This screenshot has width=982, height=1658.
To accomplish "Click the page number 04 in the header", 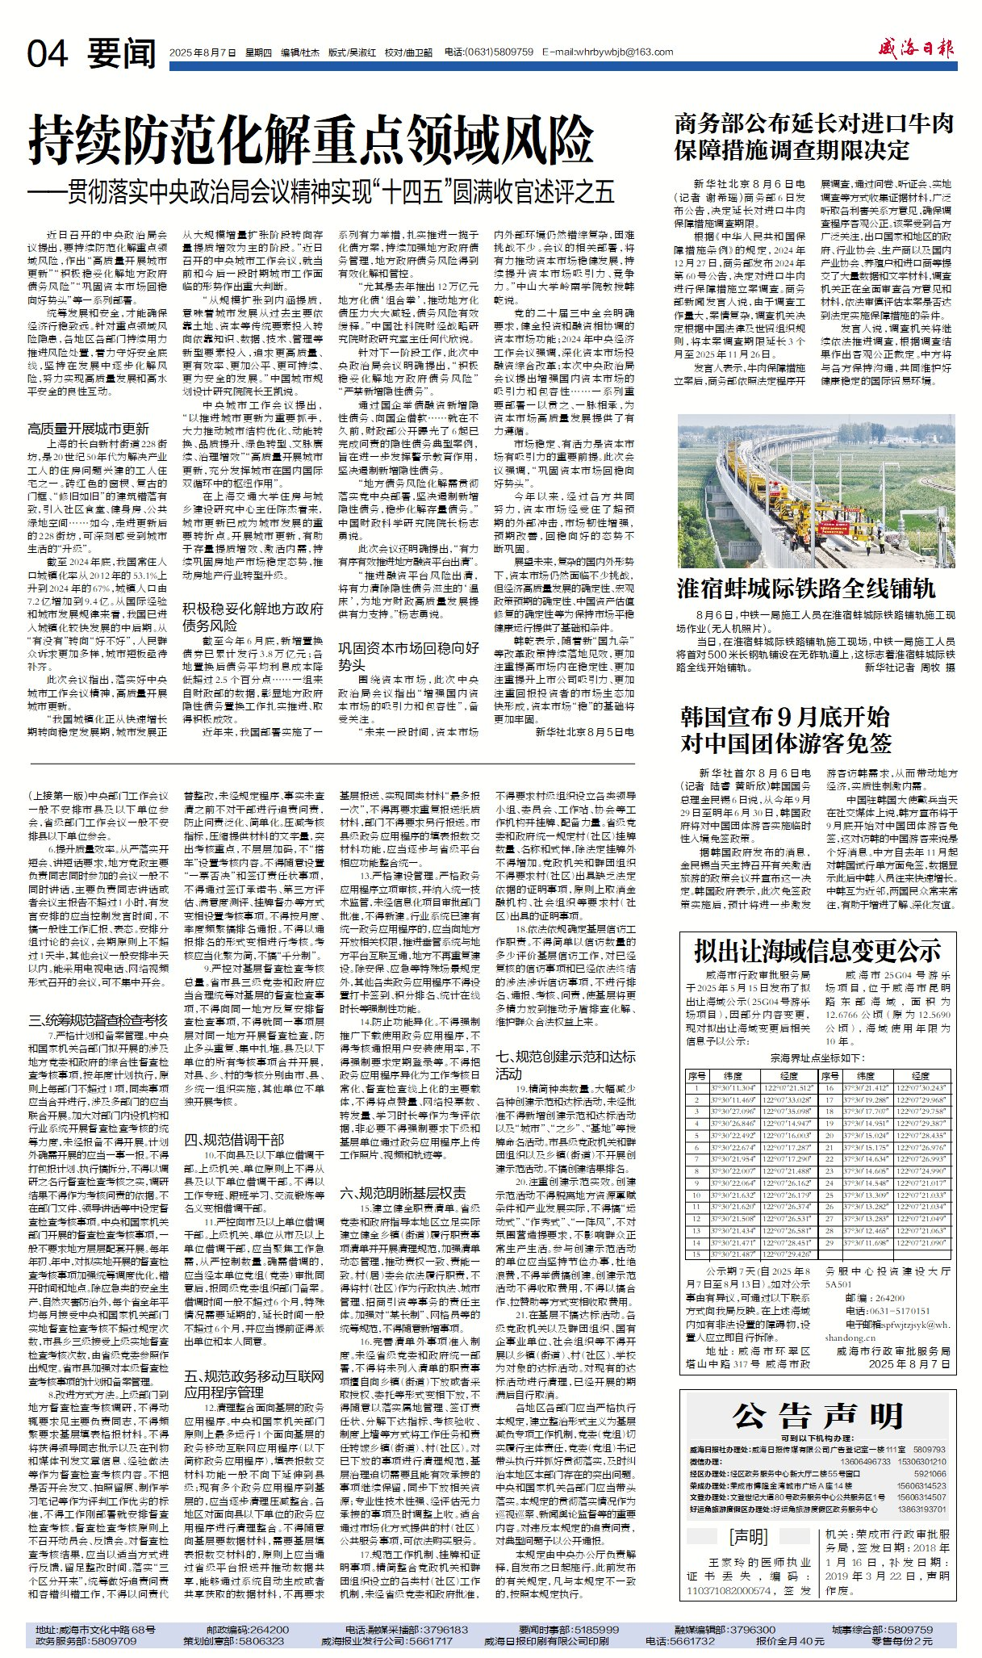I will pyautogui.click(x=48, y=54).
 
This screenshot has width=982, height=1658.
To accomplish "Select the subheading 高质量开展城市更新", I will pyautogui.click(x=88, y=429).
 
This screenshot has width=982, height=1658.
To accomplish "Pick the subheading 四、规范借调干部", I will pyautogui.click(x=234, y=1140).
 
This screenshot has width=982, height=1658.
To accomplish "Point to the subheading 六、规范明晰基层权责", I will pyautogui.click(x=402, y=1193).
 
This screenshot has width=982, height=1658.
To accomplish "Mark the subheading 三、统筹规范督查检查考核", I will pyautogui.click(x=98, y=1020).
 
